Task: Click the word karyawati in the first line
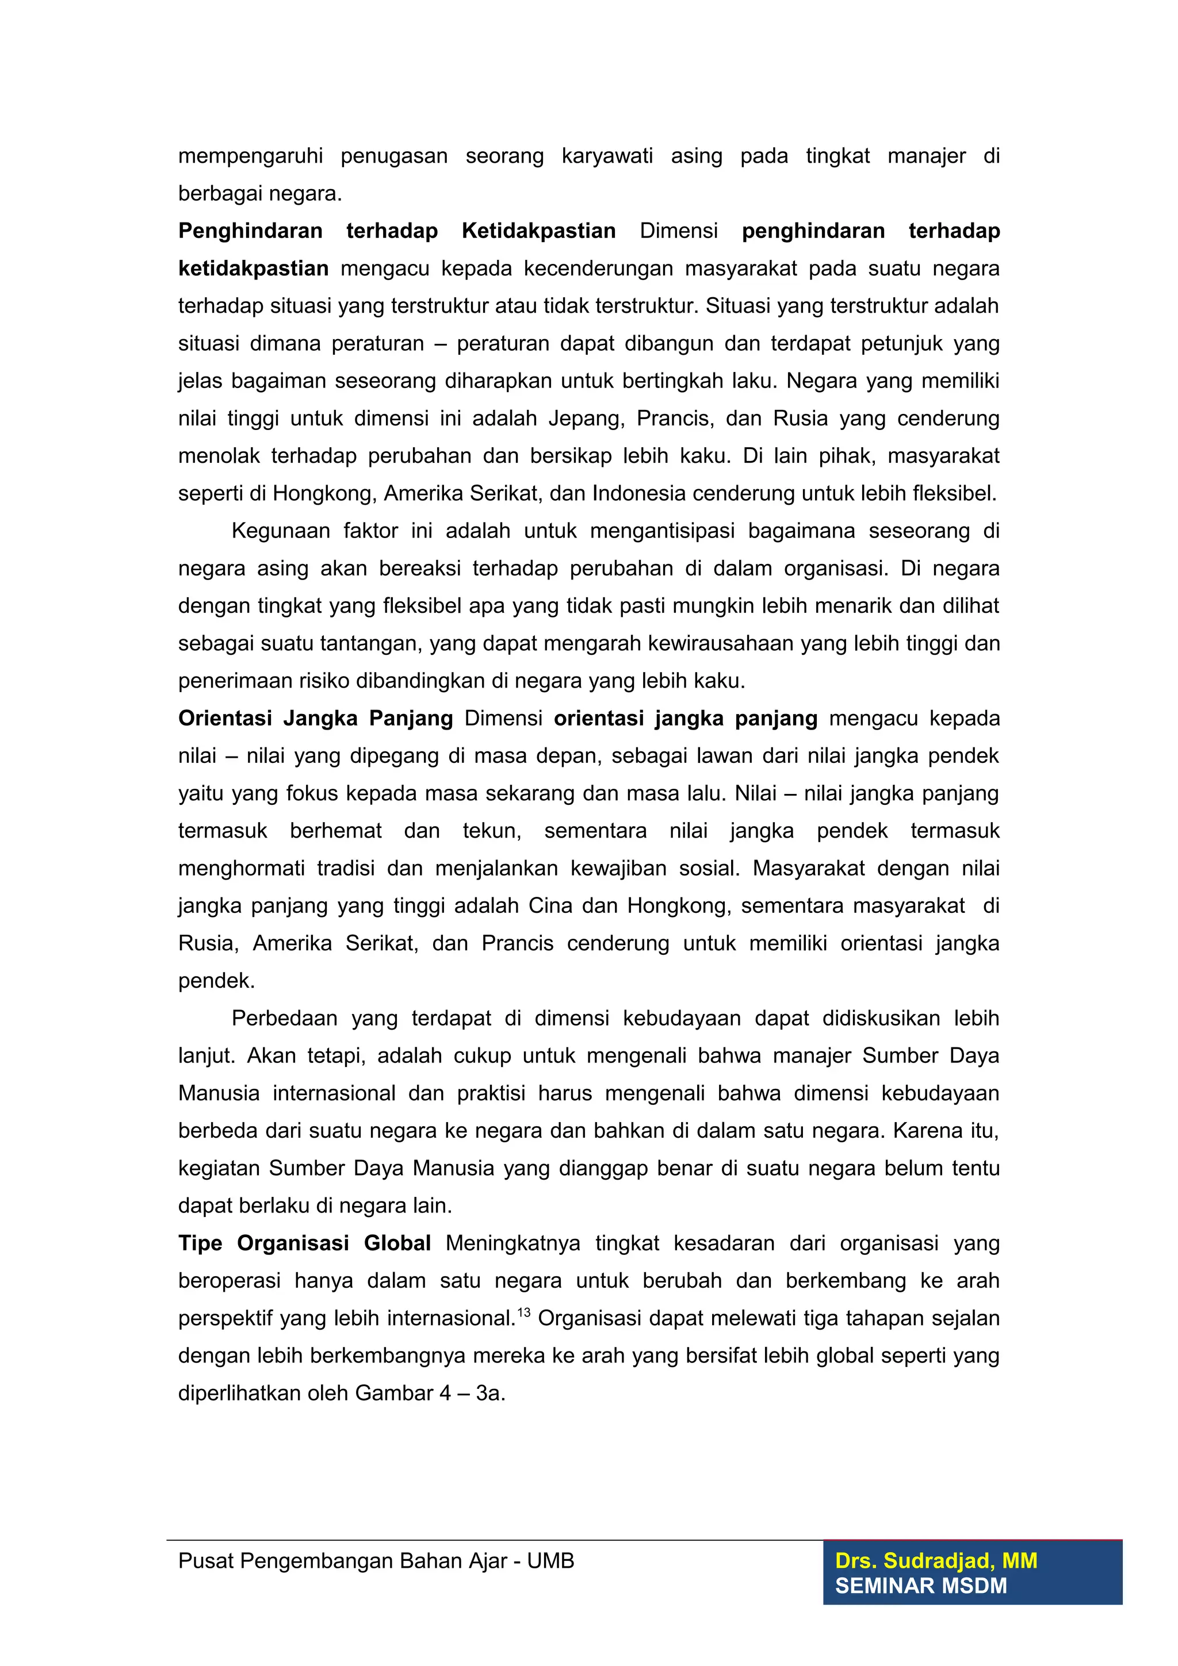pos(607,156)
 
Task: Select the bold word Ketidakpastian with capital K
pos(538,231)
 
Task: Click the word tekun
pos(491,831)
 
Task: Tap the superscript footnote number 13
pos(523,1312)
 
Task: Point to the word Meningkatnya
pos(512,1243)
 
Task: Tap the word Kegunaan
pos(277,531)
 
